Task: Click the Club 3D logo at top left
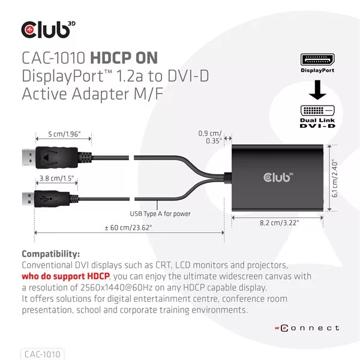[48, 29]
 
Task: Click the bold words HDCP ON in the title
[124, 58]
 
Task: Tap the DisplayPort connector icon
[317, 59]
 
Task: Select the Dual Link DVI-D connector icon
[317, 110]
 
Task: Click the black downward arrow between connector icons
[317, 90]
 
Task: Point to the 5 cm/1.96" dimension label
[64, 134]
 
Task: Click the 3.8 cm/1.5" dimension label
[57, 178]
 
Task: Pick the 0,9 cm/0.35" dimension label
[210, 137]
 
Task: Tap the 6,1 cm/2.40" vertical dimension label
[335, 178]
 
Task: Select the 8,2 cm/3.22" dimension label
[279, 223]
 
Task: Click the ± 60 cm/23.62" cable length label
[128, 228]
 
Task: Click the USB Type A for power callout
[160, 214]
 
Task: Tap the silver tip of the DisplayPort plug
[29, 157]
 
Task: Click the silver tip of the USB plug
[28, 199]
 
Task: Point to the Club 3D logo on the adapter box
[278, 177]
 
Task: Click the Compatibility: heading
[51, 254]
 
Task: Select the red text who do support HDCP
[65, 276]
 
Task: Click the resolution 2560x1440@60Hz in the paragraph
[116, 287]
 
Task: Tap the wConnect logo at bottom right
[307, 328]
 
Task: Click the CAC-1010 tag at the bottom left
[43, 354]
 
